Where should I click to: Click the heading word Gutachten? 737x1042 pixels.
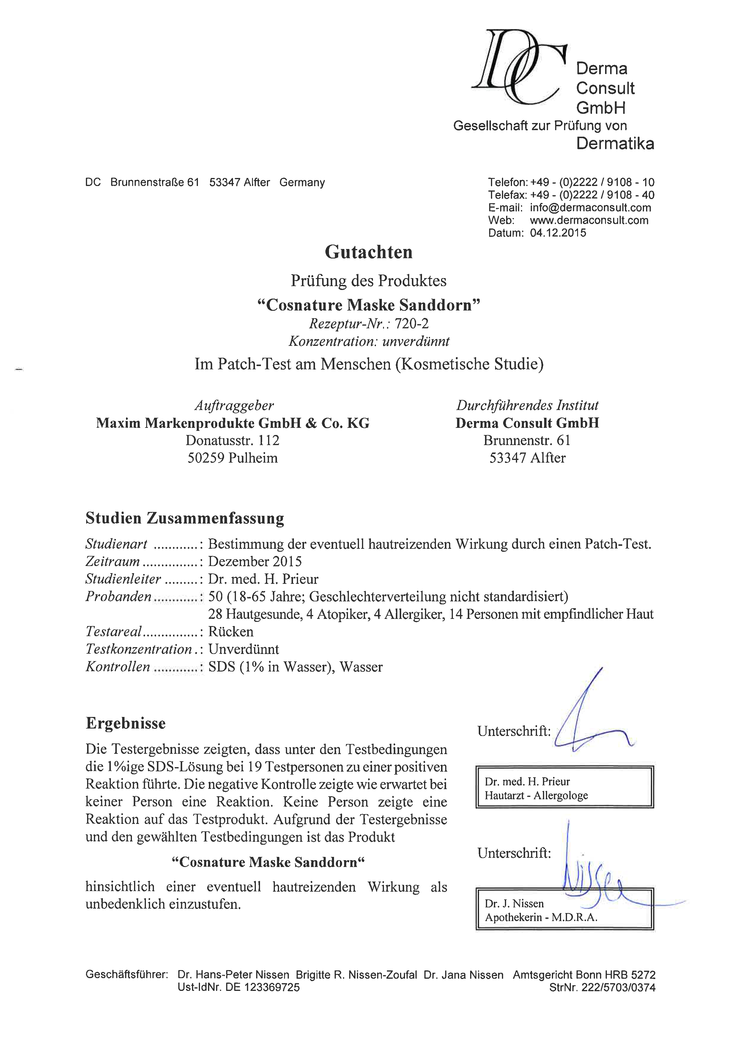pyautogui.click(x=368, y=252)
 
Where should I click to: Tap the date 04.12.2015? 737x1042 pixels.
pyautogui.click(x=558, y=233)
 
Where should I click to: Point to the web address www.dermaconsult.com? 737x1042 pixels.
pyautogui.click(x=589, y=220)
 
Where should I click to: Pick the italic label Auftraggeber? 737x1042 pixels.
pyautogui.click(x=234, y=405)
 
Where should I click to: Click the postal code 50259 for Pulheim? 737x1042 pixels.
pyautogui.click(x=206, y=458)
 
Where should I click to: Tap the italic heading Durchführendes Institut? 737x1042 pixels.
pyautogui.click(x=527, y=405)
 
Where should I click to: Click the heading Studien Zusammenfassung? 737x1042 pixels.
pyautogui.click(x=185, y=518)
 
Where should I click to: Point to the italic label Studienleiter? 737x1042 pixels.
pyautogui.click(x=123, y=579)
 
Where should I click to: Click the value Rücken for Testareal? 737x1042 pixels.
pyautogui.click(x=231, y=632)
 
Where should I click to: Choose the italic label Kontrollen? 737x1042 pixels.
pyautogui.click(x=118, y=667)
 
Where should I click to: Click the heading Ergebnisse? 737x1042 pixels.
pyautogui.click(x=126, y=723)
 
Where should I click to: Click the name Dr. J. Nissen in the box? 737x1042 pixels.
pyautogui.click(x=514, y=903)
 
